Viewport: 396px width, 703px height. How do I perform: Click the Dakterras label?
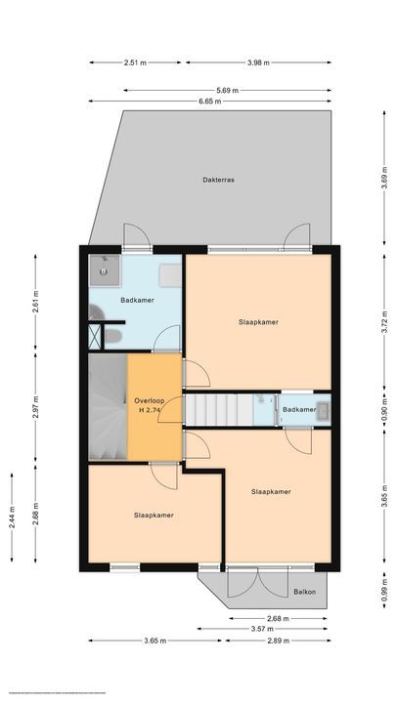218,180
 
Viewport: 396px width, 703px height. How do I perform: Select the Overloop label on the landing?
149,401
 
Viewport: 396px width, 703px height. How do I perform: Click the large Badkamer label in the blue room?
135,300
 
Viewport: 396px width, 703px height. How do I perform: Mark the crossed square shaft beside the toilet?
95,337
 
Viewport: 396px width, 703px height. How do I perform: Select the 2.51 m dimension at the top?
135,62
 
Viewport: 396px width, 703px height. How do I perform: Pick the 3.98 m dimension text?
257,62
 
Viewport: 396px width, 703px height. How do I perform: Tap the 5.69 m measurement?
228,90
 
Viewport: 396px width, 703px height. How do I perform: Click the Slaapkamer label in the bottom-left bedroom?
154,515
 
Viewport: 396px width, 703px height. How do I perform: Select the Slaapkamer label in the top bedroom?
258,321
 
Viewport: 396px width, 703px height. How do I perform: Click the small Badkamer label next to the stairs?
300,410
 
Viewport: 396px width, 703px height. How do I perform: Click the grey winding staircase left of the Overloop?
107,407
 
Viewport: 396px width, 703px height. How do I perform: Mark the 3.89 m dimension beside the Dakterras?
385,178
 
